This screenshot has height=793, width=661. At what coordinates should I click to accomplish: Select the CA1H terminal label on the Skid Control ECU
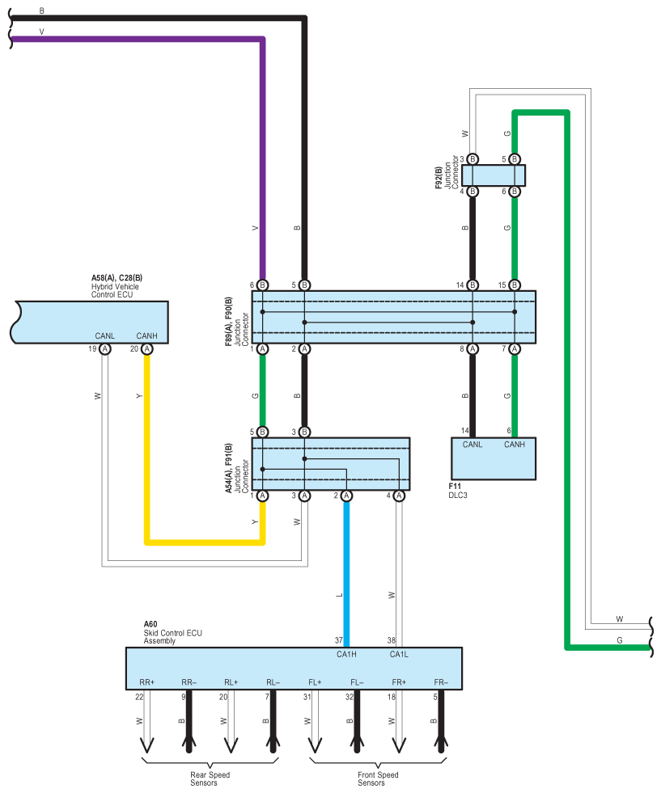(346, 654)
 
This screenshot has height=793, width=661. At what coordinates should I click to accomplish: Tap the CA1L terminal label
(399, 654)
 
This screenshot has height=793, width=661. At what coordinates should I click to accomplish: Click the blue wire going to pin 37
(346, 566)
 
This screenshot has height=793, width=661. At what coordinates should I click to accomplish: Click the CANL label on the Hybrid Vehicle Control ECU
(105, 336)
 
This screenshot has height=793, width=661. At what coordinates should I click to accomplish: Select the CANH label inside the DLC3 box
(514, 445)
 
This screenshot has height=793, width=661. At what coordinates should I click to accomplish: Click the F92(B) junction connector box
(494, 175)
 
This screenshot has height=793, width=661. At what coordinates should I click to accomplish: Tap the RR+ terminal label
(146, 682)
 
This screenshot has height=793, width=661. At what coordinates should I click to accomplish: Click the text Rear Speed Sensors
(210, 778)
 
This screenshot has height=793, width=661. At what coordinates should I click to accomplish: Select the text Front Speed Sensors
(377, 778)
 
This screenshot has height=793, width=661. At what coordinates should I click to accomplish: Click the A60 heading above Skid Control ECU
(150, 624)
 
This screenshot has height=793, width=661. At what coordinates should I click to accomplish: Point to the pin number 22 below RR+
(138, 696)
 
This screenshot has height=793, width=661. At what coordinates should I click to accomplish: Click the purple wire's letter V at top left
(42, 32)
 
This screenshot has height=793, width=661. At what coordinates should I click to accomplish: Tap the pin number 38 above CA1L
(391, 640)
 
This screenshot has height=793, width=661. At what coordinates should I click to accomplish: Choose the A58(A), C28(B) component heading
(117, 278)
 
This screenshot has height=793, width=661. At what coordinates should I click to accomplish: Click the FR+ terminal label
(398, 682)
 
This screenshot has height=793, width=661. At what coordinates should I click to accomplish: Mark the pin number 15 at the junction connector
(502, 285)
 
